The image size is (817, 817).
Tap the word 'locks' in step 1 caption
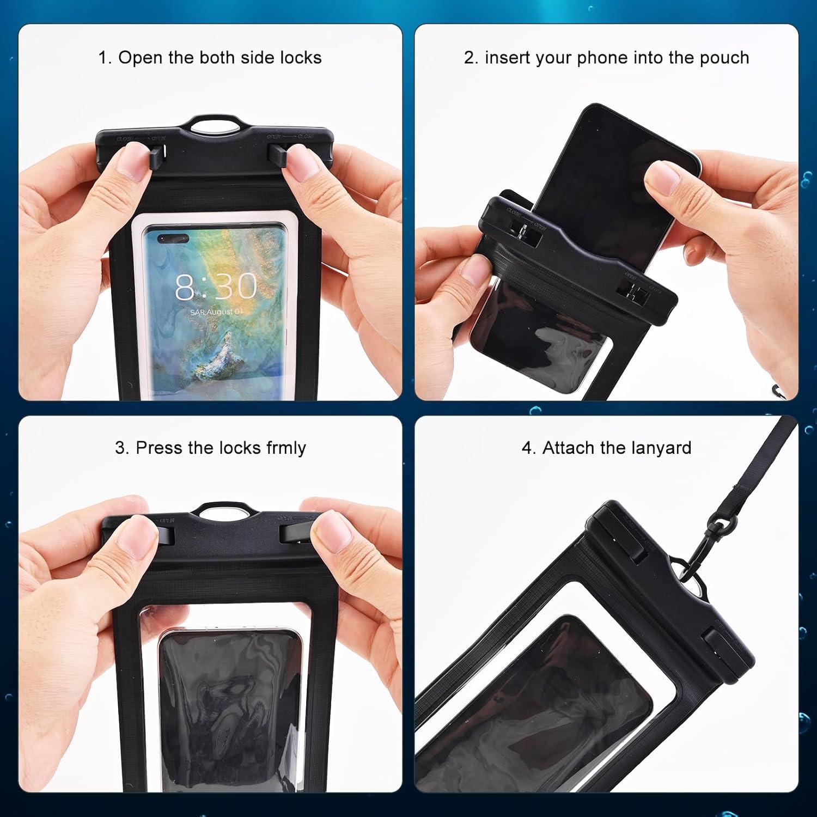click(301, 58)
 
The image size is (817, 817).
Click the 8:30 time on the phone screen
click(216, 286)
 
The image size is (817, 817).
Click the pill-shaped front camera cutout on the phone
click(173, 238)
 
